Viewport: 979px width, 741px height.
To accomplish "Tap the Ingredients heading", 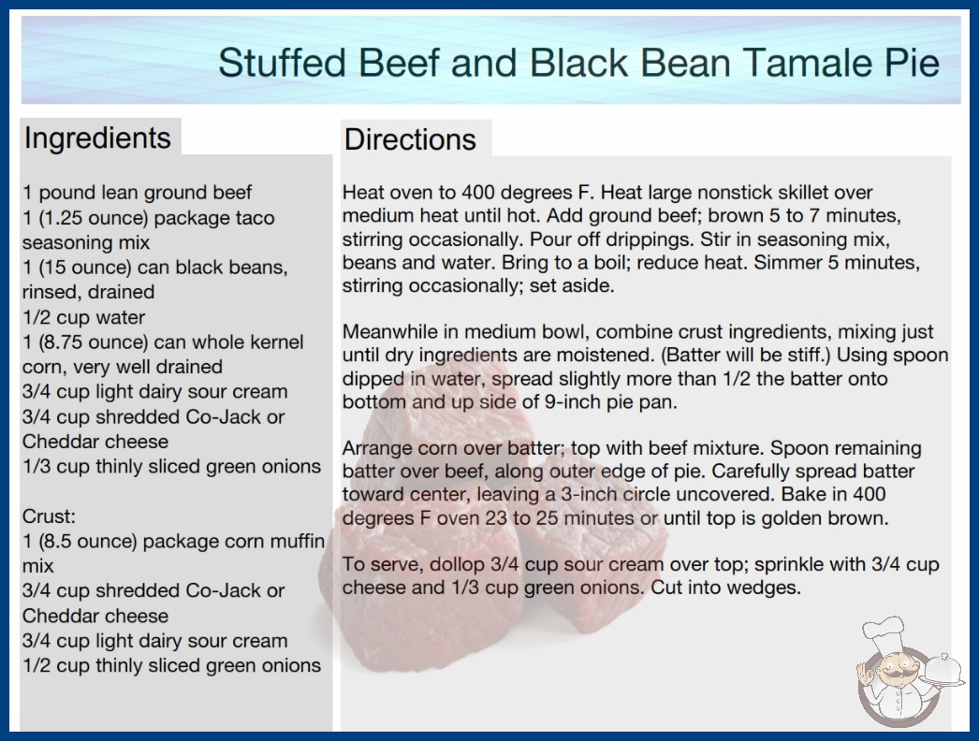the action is tap(97, 138).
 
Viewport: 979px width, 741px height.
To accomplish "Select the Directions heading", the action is tap(410, 139).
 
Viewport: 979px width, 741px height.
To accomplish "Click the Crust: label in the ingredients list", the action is tap(49, 516).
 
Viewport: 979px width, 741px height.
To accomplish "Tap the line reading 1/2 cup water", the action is tap(83, 317).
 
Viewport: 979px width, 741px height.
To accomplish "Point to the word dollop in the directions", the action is tap(456, 564).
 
